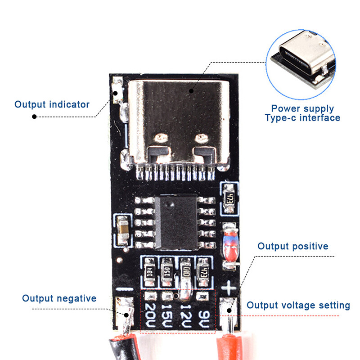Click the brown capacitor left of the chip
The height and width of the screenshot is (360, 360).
point(122,230)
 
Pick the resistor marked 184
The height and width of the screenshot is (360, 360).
point(148,273)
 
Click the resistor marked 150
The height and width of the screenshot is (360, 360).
point(167,272)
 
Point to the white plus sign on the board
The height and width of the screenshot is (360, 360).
point(230,286)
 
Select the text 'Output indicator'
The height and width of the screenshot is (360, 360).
point(52,104)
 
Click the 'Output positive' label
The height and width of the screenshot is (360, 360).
point(292,246)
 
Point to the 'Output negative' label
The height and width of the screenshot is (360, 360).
point(59,298)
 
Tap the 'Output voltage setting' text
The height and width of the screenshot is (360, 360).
point(298,306)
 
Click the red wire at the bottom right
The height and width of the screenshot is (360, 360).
point(231,349)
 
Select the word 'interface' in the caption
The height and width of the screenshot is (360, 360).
point(319,118)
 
